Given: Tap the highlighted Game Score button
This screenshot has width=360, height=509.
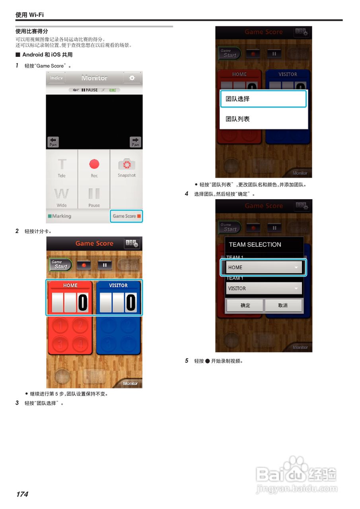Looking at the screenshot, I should [126, 216].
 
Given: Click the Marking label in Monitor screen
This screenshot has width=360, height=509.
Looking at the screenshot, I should [60, 216].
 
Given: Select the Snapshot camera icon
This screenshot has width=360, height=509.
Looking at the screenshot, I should [126, 164].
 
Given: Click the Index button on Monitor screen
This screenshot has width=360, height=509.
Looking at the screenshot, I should [56, 78].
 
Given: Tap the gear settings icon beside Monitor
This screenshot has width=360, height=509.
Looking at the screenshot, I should [132, 78].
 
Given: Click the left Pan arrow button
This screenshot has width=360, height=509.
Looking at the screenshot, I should [53, 142].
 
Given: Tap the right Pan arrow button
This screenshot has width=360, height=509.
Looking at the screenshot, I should [136, 142].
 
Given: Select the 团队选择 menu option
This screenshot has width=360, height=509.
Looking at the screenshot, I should [263, 99].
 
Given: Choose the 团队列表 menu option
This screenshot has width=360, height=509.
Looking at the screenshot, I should [263, 119].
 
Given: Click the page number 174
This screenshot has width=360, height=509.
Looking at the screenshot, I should [22, 494].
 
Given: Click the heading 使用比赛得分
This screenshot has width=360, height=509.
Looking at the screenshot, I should [32, 31].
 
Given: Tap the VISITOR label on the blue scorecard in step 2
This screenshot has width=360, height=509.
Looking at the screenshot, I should [118, 286].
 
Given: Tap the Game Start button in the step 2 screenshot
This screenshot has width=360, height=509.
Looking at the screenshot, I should [61, 264].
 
